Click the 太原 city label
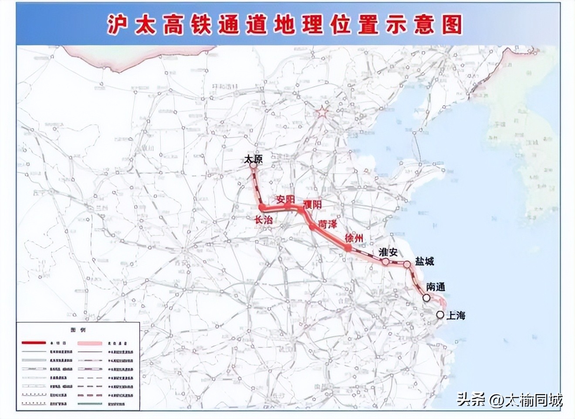tap(254, 160)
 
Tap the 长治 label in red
tap(264, 220)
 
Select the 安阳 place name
tap(286, 199)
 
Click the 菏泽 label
tap(328, 224)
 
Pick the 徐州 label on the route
tap(353, 238)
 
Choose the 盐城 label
tap(424, 261)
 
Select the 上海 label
tap(456, 315)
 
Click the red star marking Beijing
tap(321, 112)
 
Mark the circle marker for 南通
tap(426, 297)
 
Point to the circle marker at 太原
tap(253, 166)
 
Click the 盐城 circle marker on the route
tap(407, 264)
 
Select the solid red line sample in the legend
tap(33, 343)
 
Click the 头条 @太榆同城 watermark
tap(510, 399)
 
